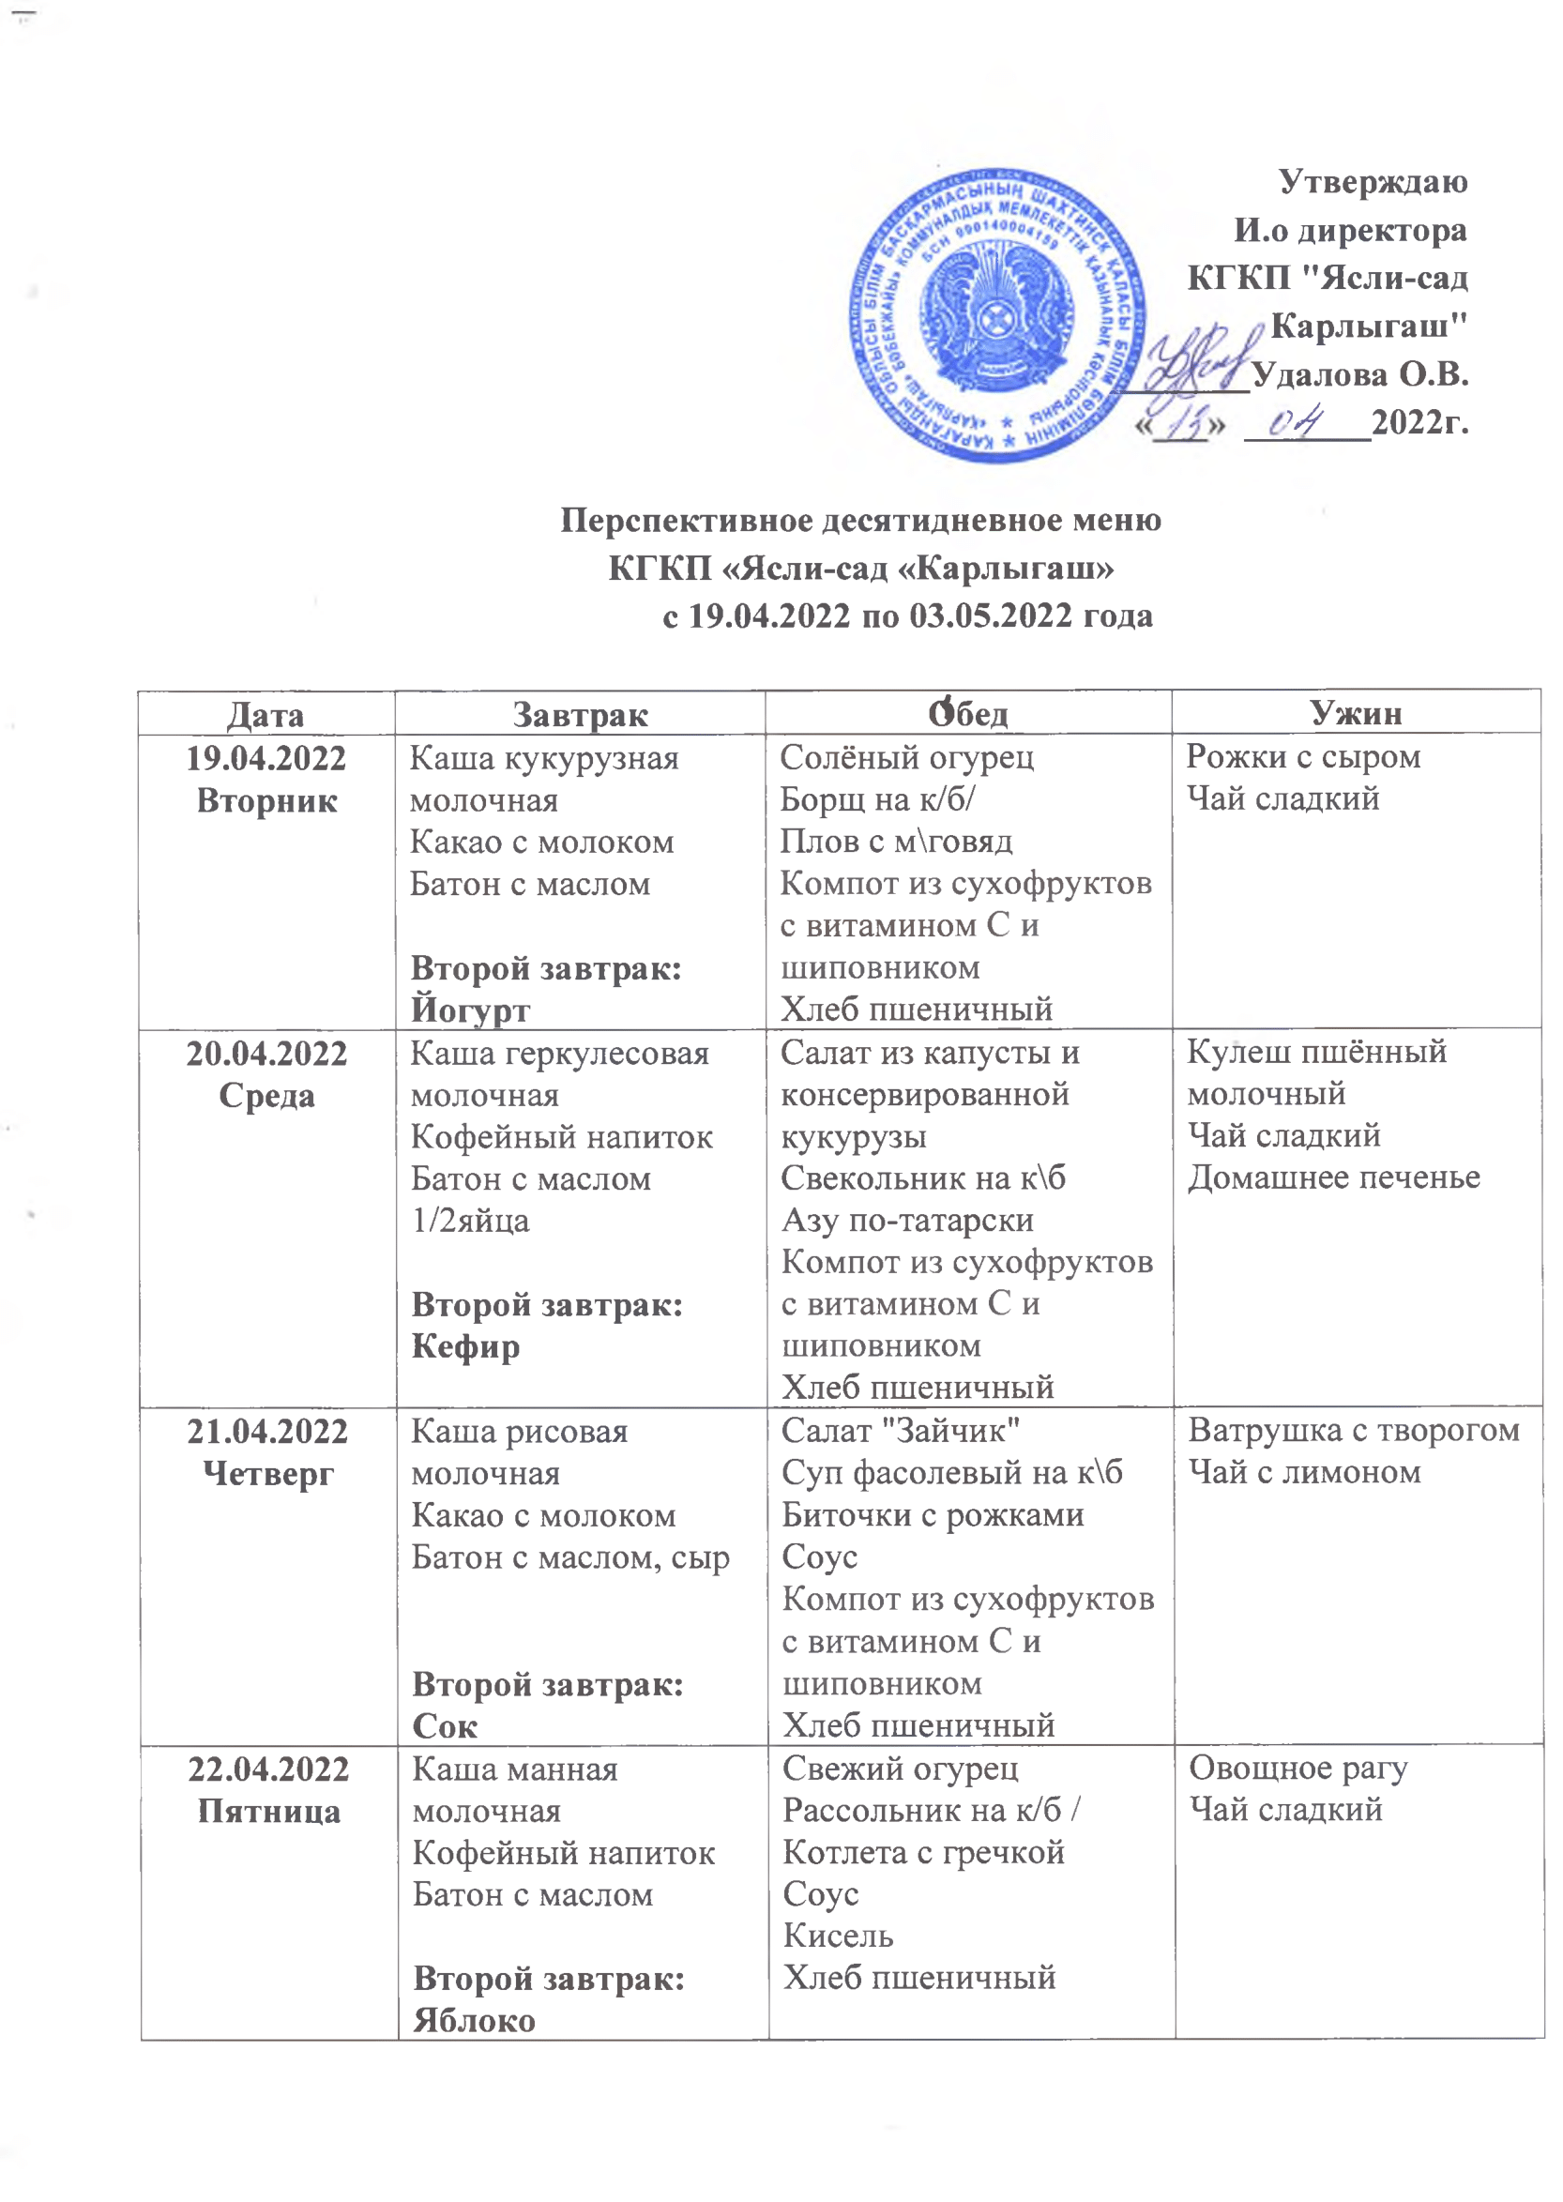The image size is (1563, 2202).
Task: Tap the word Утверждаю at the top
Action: (1373, 182)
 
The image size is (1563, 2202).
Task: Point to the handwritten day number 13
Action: (1181, 423)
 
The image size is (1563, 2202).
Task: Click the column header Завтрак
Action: (580, 714)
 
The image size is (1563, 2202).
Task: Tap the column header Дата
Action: (266, 715)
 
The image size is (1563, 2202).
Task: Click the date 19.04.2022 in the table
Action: (266, 758)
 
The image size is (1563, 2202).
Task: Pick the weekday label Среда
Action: (266, 1095)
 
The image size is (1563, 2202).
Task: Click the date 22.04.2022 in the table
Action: (268, 1769)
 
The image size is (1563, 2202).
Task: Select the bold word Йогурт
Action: (470, 1010)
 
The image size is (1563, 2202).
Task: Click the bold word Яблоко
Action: (474, 2020)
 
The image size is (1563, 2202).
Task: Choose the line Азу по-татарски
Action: (906, 1221)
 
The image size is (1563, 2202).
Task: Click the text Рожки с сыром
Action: (1302, 756)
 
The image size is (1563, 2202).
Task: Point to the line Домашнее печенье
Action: (1333, 1177)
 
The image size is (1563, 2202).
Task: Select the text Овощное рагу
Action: (1298, 1768)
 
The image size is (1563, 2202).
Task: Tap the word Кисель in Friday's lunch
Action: (837, 1936)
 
